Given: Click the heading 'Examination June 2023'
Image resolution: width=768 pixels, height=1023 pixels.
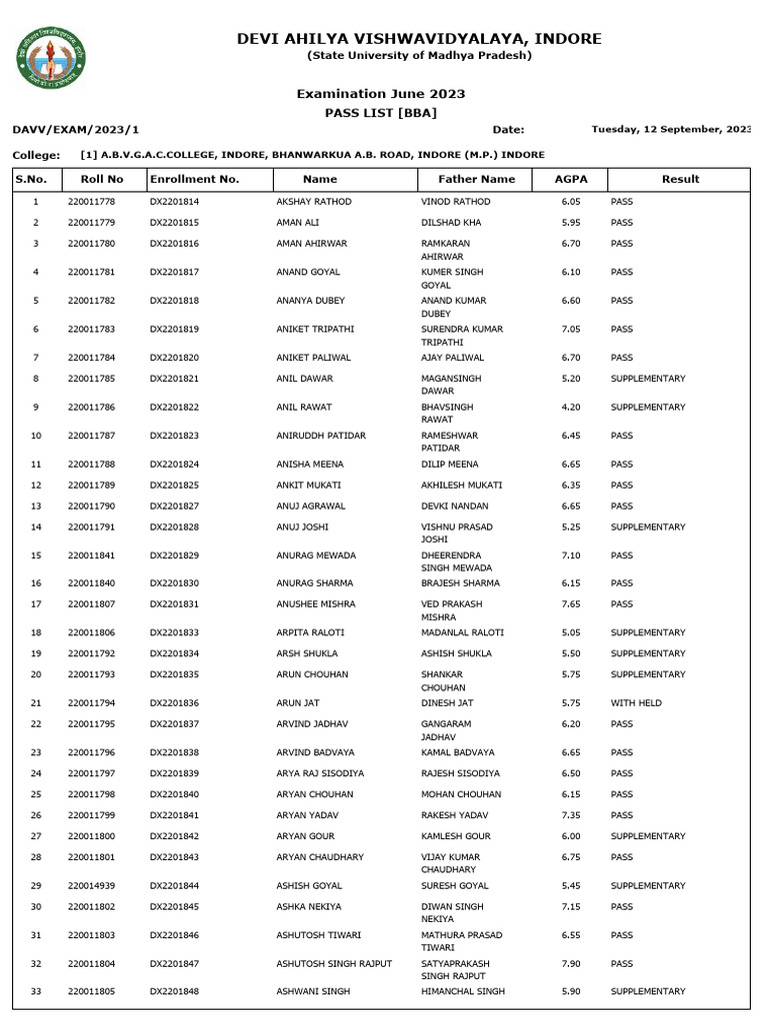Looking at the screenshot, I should [x=380, y=94].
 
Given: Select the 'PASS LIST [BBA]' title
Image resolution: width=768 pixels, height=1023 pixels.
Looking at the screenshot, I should [x=380, y=113].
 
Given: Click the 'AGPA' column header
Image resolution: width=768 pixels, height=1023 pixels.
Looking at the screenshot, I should [x=571, y=179].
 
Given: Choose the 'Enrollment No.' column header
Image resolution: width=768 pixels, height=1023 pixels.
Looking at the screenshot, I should [x=195, y=179].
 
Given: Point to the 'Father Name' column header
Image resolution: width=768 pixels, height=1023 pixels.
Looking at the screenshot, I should [x=477, y=179].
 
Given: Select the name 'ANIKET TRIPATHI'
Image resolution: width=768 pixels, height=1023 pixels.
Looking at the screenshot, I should [x=315, y=329].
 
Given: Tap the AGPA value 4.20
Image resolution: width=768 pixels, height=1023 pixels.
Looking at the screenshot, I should [x=571, y=408].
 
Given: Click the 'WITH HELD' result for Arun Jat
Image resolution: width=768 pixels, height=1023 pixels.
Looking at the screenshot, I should [x=636, y=703].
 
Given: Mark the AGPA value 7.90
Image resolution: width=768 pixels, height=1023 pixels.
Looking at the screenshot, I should [x=571, y=964].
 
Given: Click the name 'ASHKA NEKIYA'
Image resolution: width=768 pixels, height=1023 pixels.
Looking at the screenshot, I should [x=309, y=907].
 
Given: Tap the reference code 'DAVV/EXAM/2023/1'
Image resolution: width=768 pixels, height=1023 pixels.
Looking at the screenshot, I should [x=76, y=130].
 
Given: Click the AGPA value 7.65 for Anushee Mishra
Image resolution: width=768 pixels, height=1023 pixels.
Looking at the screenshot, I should [x=571, y=604].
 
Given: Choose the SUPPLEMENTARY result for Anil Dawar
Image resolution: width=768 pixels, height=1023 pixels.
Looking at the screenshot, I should [x=648, y=379].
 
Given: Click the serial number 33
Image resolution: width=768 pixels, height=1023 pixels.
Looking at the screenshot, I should [x=36, y=992].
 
